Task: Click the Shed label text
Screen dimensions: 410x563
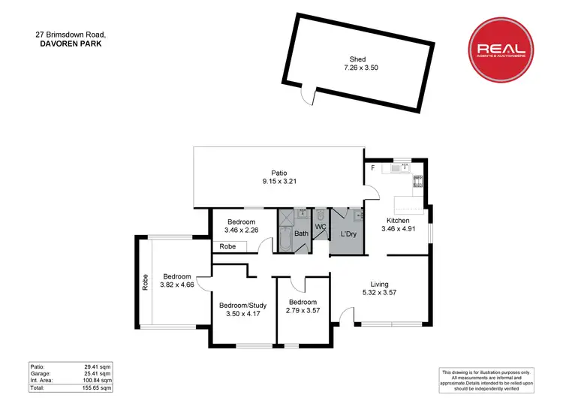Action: click(x=357, y=59)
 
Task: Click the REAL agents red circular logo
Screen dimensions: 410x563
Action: click(x=501, y=50)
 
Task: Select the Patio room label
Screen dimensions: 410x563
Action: click(x=278, y=173)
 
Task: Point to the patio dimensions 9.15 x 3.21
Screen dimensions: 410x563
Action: click(x=278, y=182)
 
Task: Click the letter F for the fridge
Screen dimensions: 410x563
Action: click(x=372, y=167)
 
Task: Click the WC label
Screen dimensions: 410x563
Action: click(x=320, y=226)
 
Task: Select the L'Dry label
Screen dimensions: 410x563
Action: click(x=348, y=235)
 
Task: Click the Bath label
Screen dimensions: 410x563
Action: click(x=301, y=234)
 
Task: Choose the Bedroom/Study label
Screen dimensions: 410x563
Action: click(x=242, y=306)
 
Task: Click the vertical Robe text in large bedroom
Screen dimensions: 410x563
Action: click(x=145, y=282)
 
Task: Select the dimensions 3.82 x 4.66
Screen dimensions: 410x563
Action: click(x=178, y=285)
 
